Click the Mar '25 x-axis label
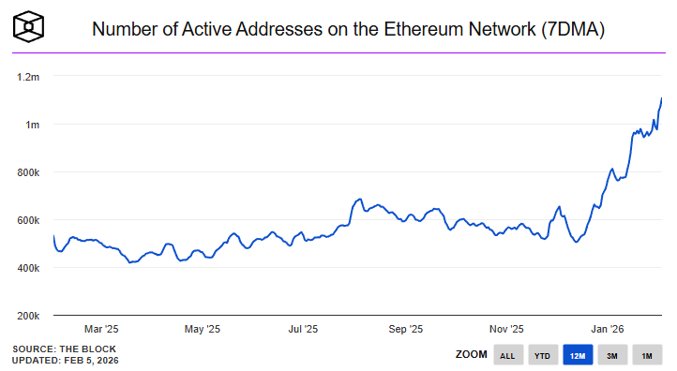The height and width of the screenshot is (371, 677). [101, 329]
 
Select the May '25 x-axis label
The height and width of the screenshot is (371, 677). [202, 329]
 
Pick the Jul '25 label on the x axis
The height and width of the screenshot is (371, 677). [303, 329]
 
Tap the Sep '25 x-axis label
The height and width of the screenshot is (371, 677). [405, 329]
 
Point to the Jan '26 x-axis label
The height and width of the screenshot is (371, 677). [608, 329]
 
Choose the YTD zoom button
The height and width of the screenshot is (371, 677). [542, 356]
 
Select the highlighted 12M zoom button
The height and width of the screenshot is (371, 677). [578, 356]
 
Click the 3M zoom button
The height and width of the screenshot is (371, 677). [611, 356]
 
